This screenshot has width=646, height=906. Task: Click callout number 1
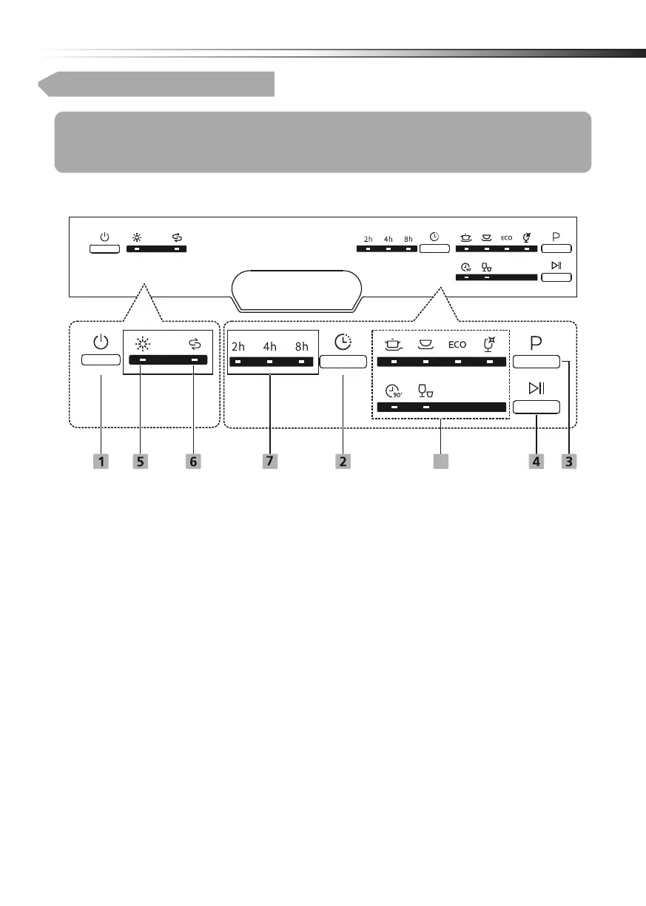pyautogui.click(x=101, y=461)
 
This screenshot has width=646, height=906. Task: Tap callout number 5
pyautogui.click(x=141, y=461)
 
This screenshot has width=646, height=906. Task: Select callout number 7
pyautogui.click(x=269, y=461)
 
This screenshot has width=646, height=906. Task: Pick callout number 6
pyautogui.click(x=194, y=461)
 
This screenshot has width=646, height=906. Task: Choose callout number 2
pyautogui.click(x=343, y=461)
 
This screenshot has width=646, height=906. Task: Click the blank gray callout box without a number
pyautogui.click(x=441, y=461)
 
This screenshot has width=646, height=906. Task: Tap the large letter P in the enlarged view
pyautogui.click(x=536, y=344)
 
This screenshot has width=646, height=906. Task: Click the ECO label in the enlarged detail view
pyautogui.click(x=457, y=345)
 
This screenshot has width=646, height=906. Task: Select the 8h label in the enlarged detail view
pyautogui.click(x=301, y=345)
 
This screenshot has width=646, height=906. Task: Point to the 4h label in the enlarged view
pyautogui.click(x=270, y=345)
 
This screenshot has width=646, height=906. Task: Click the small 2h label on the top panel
pyautogui.click(x=369, y=239)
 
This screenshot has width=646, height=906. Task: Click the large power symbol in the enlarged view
pyautogui.click(x=101, y=342)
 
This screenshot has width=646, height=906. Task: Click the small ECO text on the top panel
pyautogui.click(x=506, y=238)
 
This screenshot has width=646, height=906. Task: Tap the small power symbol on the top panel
pyautogui.click(x=104, y=237)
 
